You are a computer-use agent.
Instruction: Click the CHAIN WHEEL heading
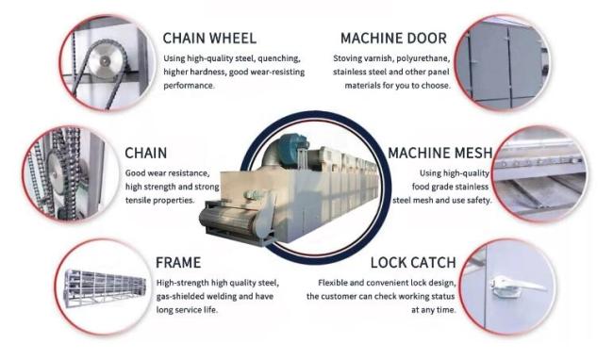point(209,39)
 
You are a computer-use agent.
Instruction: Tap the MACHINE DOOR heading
point(393,39)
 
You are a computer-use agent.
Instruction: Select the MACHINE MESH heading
point(440,153)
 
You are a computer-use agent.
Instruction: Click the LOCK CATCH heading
point(413,262)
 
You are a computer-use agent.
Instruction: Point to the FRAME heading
point(178,262)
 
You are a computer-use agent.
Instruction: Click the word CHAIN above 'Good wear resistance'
point(146,153)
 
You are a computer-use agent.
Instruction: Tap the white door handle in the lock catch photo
point(516,286)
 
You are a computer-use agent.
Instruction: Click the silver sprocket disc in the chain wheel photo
point(105,61)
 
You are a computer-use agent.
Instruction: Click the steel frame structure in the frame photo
point(106,288)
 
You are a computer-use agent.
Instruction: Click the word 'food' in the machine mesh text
point(421,187)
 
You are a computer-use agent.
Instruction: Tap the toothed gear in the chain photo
point(58,172)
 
